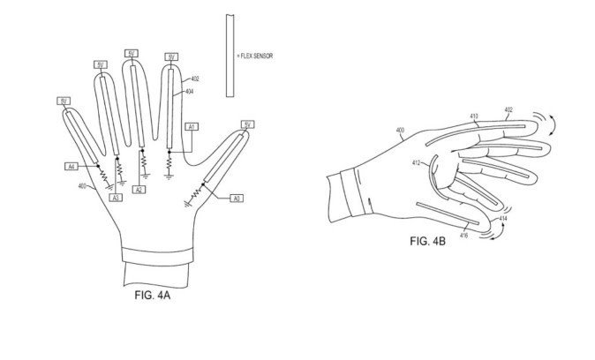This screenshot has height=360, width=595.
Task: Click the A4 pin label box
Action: coord(72,165)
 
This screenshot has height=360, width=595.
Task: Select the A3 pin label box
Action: coord(116,199)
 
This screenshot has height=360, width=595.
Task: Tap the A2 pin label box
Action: coord(139,191)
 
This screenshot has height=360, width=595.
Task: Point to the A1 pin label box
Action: coord(190,127)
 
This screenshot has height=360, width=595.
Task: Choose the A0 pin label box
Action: coord(235,198)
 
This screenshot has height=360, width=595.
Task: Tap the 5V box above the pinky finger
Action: coord(64,102)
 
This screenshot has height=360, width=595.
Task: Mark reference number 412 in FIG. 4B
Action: coord(416,163)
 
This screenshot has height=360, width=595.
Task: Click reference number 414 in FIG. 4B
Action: coord(502,217)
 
